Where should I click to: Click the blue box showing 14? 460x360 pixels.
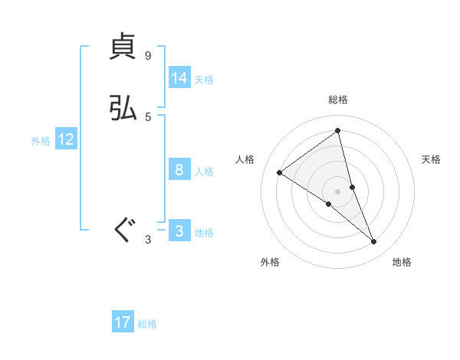click(x=179, y=78)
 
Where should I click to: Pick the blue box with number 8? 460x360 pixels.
click(x=179, y=170)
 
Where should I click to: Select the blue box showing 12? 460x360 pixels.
click(x=66, y=139)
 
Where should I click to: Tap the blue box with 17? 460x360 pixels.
click(x=123, y=322)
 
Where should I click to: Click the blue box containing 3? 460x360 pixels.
click(x=179, y=231)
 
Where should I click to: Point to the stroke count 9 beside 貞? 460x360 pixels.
click(x=148, y=56)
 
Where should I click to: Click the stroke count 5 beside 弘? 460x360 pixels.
click(x=148, y=117)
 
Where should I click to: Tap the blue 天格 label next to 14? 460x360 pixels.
click(x=204, y=80)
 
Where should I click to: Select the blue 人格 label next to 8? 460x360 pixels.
click(x=204, y=172)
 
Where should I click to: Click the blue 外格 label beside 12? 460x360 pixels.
click(x=41, y=141)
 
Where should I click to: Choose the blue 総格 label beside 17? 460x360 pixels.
click(x=147, y=324)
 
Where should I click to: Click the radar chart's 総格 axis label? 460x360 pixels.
click(x=338, y=100)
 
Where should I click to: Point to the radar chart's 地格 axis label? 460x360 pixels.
click(x=402, y=262)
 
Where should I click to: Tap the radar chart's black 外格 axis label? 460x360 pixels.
click(x=270, y=262)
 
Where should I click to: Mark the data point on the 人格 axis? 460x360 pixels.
click(x=280, y=172)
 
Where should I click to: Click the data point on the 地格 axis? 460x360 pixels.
click(x=373, y=242)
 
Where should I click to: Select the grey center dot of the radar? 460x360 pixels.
click(x=338, y=191)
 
